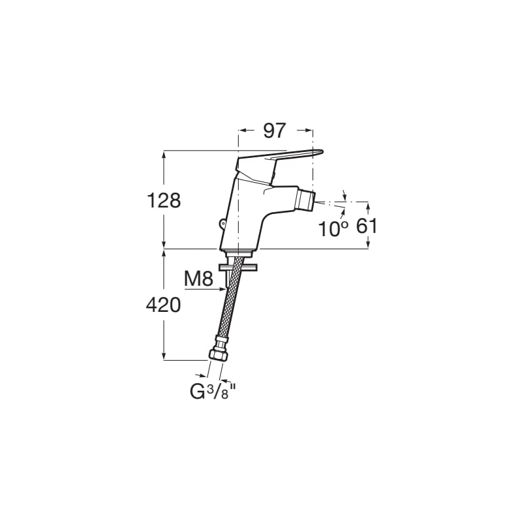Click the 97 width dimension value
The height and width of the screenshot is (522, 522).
click(x=275, y=130)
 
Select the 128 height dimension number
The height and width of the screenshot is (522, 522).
click(x=164, y=200)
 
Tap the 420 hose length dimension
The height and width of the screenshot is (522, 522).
click(x=164, y=305)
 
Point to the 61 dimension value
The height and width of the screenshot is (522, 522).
click(x=367, y=226)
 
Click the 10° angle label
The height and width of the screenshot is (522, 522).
click(x=333, y=228)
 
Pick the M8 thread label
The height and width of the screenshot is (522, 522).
click(x=199, y=279)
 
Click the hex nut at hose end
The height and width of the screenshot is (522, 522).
click(x=219, y=355)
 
